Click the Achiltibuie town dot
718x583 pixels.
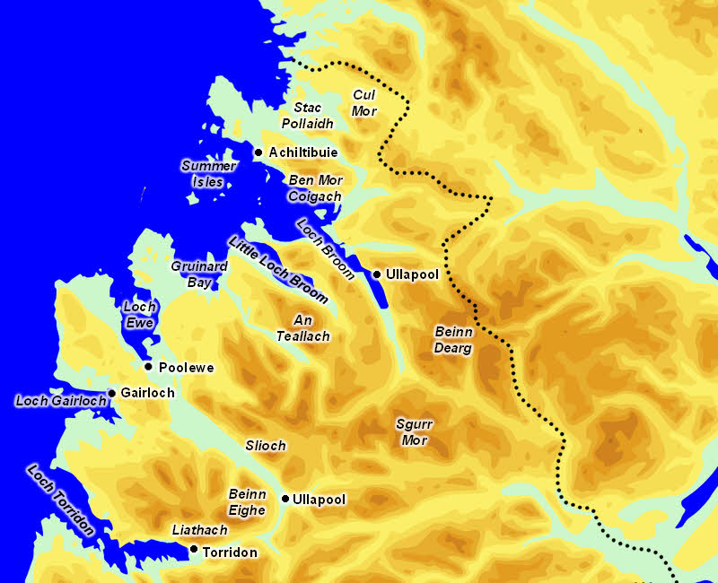click(x=258, y=152)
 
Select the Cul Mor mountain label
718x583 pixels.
click(x=365, y=103)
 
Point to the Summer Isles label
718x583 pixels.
click(x=208, y=174)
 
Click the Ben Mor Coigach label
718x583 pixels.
click(x=315, y=188)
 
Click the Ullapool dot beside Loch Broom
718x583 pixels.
click(x=378, y=274)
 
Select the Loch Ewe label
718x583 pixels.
click(x=139, y=314)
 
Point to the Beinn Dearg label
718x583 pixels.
click(x=453, y=340)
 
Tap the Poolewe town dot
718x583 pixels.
click(x=148, y=367)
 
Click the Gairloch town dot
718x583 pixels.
click(x=111, y=393)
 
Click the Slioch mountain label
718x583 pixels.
click(x=266, y=446)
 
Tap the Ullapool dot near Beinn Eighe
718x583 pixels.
click(x=285, y=499)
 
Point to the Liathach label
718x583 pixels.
click(x=199, y=531)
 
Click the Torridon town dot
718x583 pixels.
click(x=194, y=549)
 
